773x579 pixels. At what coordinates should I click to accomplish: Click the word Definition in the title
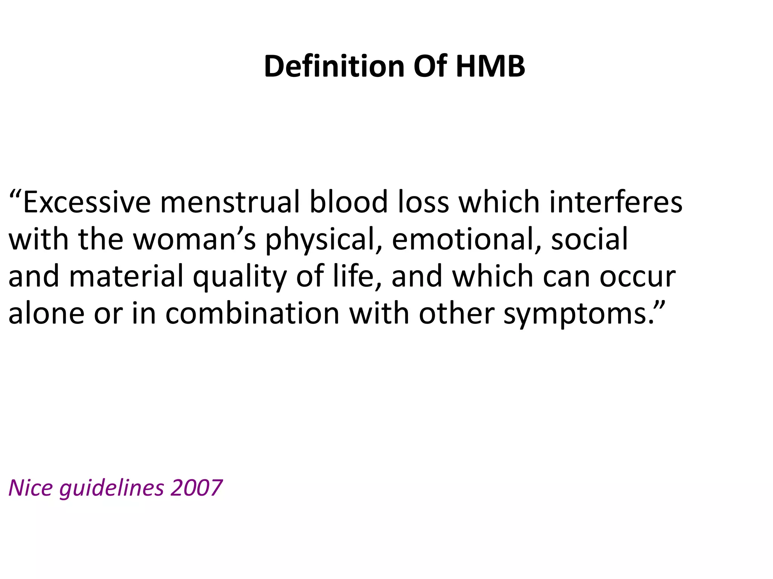tap(334, 66)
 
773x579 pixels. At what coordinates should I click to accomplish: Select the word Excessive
tap(87, 202)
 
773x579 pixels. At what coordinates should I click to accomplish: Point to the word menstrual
tap(230, 202)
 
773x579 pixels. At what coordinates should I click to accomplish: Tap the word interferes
tap(616, 202)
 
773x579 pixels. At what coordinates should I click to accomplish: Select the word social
tap(589, 239)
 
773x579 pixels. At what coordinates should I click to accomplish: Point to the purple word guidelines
tap(112, 489)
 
